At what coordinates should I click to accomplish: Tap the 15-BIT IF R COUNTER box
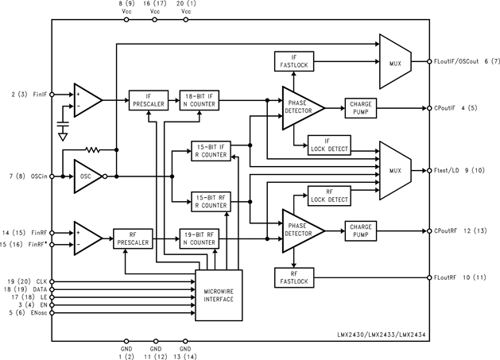click(x=211, y=151)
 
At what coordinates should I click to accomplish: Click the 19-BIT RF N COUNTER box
click(x=198, y=238)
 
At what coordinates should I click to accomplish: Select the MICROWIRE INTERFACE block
click(x=219, y=295)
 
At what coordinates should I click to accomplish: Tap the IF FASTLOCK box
click(x=294, y=60)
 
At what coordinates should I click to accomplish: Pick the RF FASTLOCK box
click(x=294, y=276)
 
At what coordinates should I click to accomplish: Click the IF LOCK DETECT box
click(x=329, y=145)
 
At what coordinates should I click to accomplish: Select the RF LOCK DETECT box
click(x=329, y=195)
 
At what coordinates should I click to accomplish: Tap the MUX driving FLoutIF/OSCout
click(x=394, y=61)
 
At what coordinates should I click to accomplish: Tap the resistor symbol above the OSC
click(x=94, y=149)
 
